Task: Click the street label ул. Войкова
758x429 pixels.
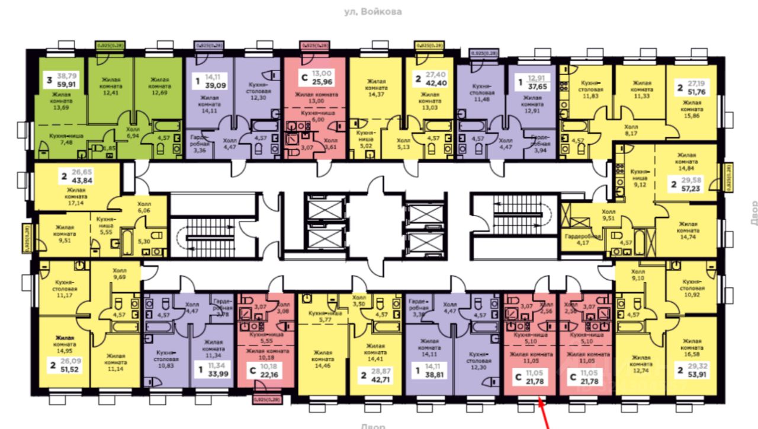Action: [372, 11]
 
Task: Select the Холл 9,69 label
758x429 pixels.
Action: [120, 273]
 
